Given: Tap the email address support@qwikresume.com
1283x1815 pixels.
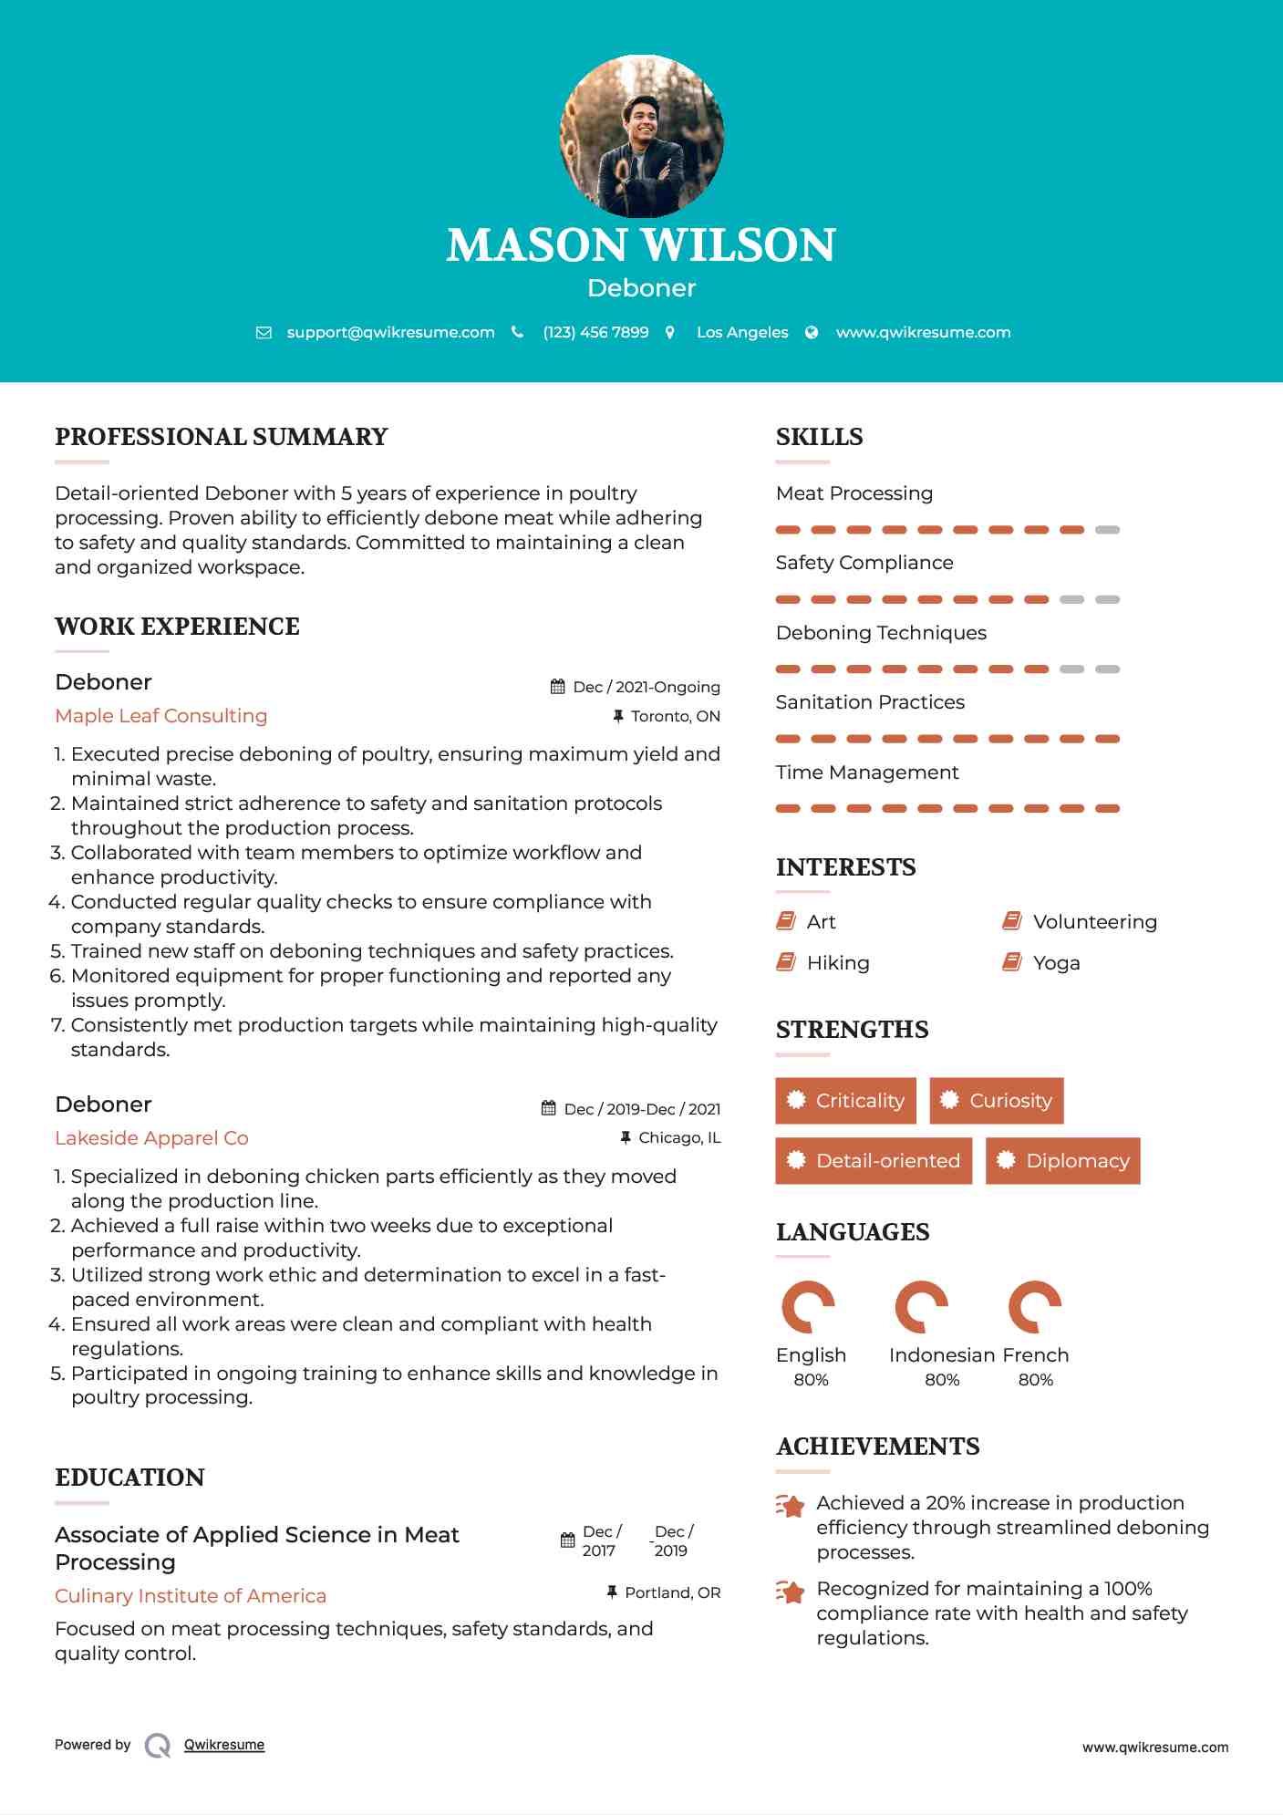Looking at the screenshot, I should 390,332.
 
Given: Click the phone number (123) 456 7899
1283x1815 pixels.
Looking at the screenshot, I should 595,332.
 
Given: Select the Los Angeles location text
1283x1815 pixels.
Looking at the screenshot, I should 742,332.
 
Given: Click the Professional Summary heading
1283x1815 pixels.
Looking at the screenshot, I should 222,437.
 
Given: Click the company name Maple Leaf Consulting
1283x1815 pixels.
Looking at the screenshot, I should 161,716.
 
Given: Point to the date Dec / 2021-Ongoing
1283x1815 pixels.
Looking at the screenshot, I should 646,687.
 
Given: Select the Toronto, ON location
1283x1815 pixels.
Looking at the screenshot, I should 675,716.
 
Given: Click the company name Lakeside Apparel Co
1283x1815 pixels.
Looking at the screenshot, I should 151,1138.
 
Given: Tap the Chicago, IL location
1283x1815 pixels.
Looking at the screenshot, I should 679,1137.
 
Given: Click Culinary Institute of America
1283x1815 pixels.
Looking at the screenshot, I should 191,1595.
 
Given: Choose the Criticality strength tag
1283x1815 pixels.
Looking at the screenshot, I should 846,1101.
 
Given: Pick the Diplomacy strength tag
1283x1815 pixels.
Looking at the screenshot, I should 1063,1161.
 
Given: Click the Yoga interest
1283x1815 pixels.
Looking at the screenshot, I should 1056,963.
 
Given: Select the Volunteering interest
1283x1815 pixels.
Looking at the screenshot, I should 1094,922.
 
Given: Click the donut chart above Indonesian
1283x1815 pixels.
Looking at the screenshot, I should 921,1307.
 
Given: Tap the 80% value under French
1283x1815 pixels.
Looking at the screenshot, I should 1035,1380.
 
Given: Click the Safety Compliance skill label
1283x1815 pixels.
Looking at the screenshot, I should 864,563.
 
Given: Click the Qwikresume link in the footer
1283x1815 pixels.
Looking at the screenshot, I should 224,1745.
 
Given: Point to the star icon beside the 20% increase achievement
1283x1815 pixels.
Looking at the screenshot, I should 791,1506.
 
